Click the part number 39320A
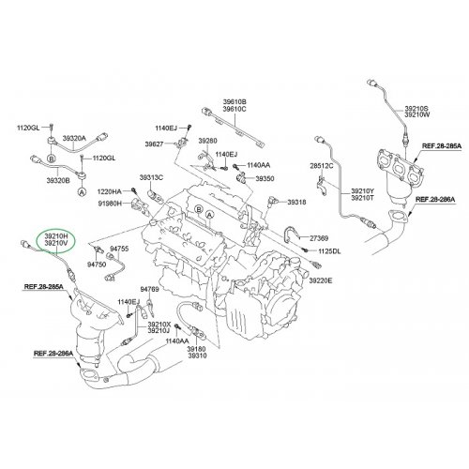(x=74, y=138)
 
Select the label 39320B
(x=58, y=180)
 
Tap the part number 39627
(x=154, y=144)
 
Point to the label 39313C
(x=151, y=177)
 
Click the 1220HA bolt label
(x=110, y=191)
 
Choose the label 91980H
(x=110, y=204)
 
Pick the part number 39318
(x=296, y=203)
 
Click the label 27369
(x=319, y=238)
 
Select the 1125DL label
(x=329, y=251)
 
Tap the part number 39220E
(x=321, y=280)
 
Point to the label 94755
(x=119, y=249)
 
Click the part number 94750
(x=97, y=265)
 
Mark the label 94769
(x=149, y=289)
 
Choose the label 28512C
(x=322, y=166)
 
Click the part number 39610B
(x=234, y=101)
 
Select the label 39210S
(x=416, y=108)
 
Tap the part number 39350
(x=265, y=178)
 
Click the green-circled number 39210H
(x=56, y=235)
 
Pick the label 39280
(x=207, y=141)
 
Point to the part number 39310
(x=197, y=356)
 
